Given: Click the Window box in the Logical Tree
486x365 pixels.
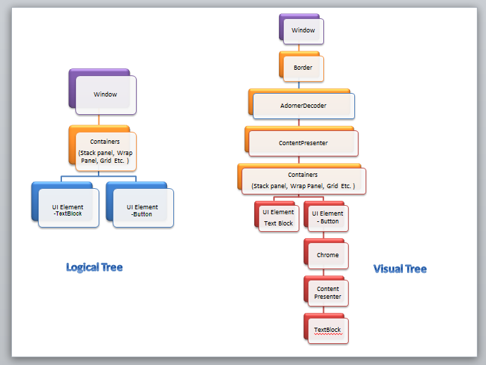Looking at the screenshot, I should pyautogui.click(x=105, y=94).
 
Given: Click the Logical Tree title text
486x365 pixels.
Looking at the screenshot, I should pyautogui.click(x=94, y=267).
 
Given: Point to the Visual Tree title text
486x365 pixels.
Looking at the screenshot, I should pyautogui.click(x=400, y=268).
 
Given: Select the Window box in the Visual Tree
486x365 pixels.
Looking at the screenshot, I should pyautogui.click(x=303, y=30).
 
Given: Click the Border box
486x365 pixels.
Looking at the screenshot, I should pyautogui.click(x=303, y=68).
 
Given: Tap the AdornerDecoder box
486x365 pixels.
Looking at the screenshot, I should pyautogui.click(x=303, y=105).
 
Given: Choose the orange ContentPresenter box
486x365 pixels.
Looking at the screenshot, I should pyautogui.click(x=303, y=142).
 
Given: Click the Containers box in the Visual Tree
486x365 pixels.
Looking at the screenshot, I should pyautogui.click(x=303, y=180).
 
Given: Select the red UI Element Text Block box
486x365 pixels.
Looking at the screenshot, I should pyautogui.click(x=278, y=218).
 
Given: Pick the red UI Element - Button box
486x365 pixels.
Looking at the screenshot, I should pyautogui.click(x=327, y=217).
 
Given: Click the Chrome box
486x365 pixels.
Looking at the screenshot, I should pyautogui.click(x=328, y=255).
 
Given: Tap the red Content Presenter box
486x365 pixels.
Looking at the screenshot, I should pyautogui.click(x=328, y=292).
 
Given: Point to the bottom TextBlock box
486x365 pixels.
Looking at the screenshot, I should pyautogui.click(x=328, y=330).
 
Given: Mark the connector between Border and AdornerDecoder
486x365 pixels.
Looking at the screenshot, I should pyautogui.click(x=299, y=85).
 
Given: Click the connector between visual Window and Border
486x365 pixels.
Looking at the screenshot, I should pyautogui.click(x=299, y=47).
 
